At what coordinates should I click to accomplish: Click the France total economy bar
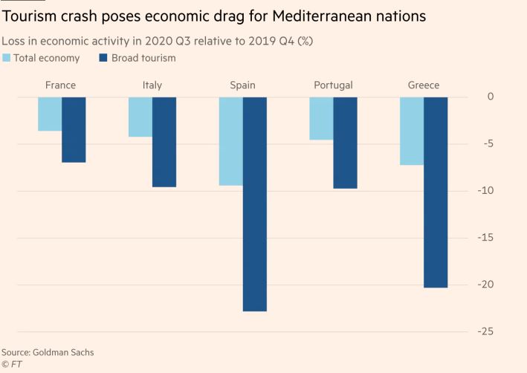(50, 114)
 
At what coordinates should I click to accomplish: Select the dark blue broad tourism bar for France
(74, 129)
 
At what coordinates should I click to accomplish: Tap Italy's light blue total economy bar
(140, 117)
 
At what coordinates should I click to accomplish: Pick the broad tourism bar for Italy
(164, 141)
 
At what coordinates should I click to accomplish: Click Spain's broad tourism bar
(255, 204)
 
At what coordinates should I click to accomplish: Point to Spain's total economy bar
(231, 140)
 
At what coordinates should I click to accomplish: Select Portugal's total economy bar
(321, 118)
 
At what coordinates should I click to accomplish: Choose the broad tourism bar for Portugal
(345, 142)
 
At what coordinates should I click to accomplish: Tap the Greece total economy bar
(412, 131)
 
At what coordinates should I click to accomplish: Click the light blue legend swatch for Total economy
(7, 58)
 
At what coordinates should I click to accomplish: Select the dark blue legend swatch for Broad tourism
(103, 58)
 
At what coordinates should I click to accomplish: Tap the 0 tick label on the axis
(491, 97)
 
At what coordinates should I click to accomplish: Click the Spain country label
(242, 85)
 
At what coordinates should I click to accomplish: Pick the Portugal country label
(333, 85)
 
